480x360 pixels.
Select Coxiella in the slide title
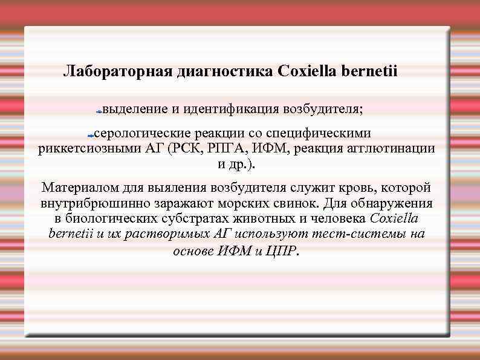(x=305, y=72)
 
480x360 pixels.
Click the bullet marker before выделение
(x=99, y=112)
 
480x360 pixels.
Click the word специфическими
(x=319, y=133)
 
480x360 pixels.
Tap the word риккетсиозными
(x=80, y=149)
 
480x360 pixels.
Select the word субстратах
(x=199, y=219)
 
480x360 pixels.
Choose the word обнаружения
(x=396, y=203)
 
